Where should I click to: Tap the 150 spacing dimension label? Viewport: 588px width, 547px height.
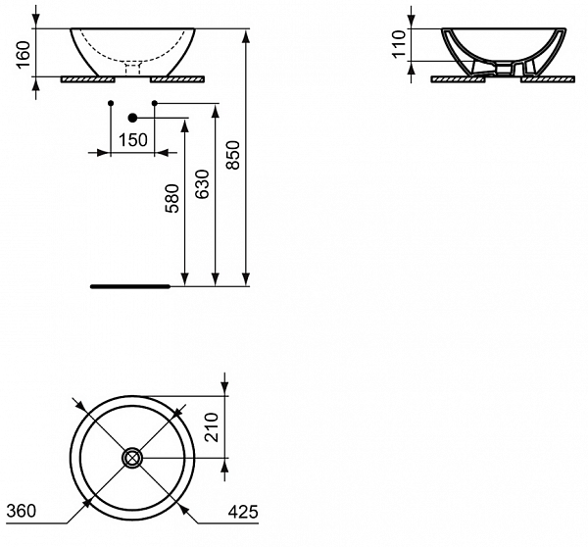coord(132,140)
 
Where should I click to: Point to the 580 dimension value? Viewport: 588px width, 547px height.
coord(172,199)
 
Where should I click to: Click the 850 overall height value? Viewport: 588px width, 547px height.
coord(232,152)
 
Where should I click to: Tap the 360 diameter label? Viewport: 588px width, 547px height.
coord(22,511)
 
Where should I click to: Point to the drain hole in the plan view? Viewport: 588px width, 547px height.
coord(131,457)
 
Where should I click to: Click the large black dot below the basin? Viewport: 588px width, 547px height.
coord(133,118)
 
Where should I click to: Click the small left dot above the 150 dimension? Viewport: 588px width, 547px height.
coord(111,103)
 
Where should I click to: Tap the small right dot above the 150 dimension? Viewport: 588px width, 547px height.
coord(155,103)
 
